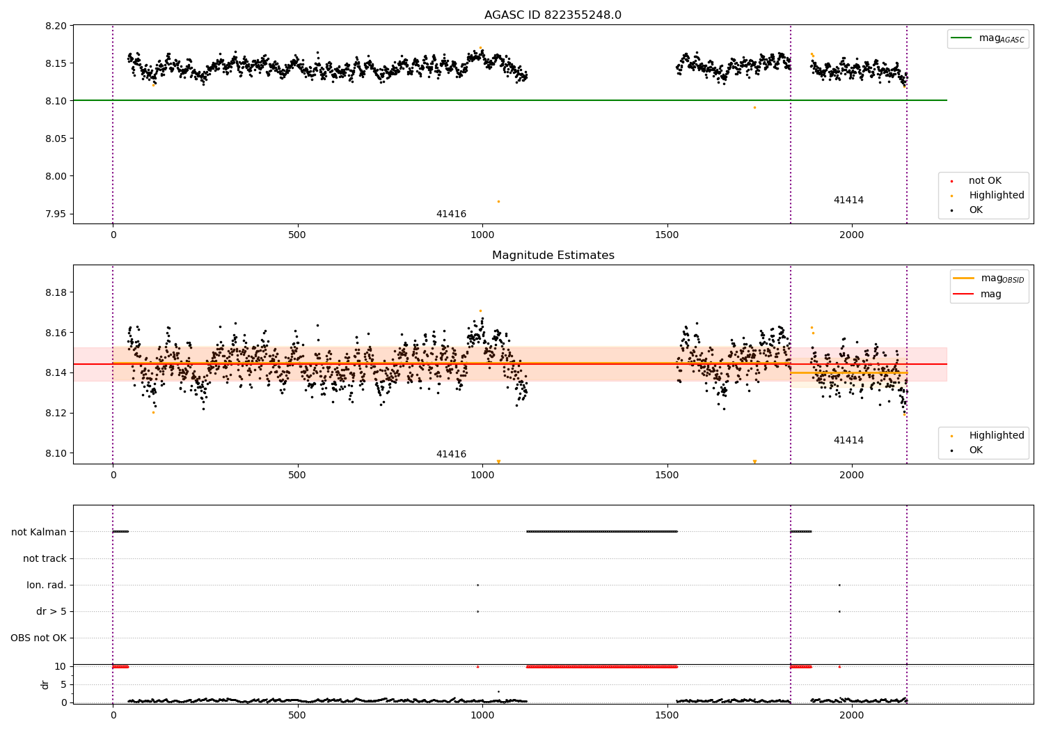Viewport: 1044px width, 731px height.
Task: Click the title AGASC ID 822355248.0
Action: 553,15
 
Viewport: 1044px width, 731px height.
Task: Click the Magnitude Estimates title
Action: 553,255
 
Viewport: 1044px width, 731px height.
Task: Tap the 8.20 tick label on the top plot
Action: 56,26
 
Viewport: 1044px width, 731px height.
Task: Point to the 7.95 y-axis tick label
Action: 56,214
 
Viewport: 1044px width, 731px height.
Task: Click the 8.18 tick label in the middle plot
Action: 56,292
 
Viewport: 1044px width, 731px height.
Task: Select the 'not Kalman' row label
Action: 39,532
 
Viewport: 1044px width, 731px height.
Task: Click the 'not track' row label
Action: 45,558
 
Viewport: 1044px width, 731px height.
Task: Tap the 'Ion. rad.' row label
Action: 46,585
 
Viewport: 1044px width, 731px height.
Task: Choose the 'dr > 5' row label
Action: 52,612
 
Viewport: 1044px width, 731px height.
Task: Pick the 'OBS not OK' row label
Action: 39,638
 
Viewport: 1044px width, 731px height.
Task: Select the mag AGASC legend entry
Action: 988,38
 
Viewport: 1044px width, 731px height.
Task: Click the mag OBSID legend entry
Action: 988,278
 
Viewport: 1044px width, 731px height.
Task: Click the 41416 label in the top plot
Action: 451,214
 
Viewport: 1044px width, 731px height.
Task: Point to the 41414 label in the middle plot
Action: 848,440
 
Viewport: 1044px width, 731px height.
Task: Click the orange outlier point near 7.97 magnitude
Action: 499,201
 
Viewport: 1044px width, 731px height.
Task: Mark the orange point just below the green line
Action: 754,108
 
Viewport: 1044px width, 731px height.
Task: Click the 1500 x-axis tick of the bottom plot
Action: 667,716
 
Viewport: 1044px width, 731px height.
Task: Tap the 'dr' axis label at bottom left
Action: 45,684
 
